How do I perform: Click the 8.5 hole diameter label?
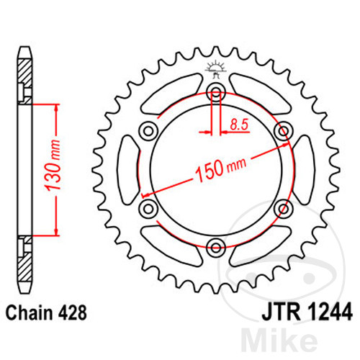click(239, 125)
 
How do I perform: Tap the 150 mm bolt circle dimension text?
click(221, 168)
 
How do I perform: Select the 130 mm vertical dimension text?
click(53, 165)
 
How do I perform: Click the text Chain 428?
click(46, 312)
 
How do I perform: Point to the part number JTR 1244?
click(307, 312)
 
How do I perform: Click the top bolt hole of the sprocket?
click(216, 91)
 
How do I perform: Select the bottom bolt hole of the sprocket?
click(216, 248)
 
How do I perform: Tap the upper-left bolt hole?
click(148, 131)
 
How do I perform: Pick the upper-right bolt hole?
click(284, 131)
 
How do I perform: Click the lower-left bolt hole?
click(148, 208)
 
